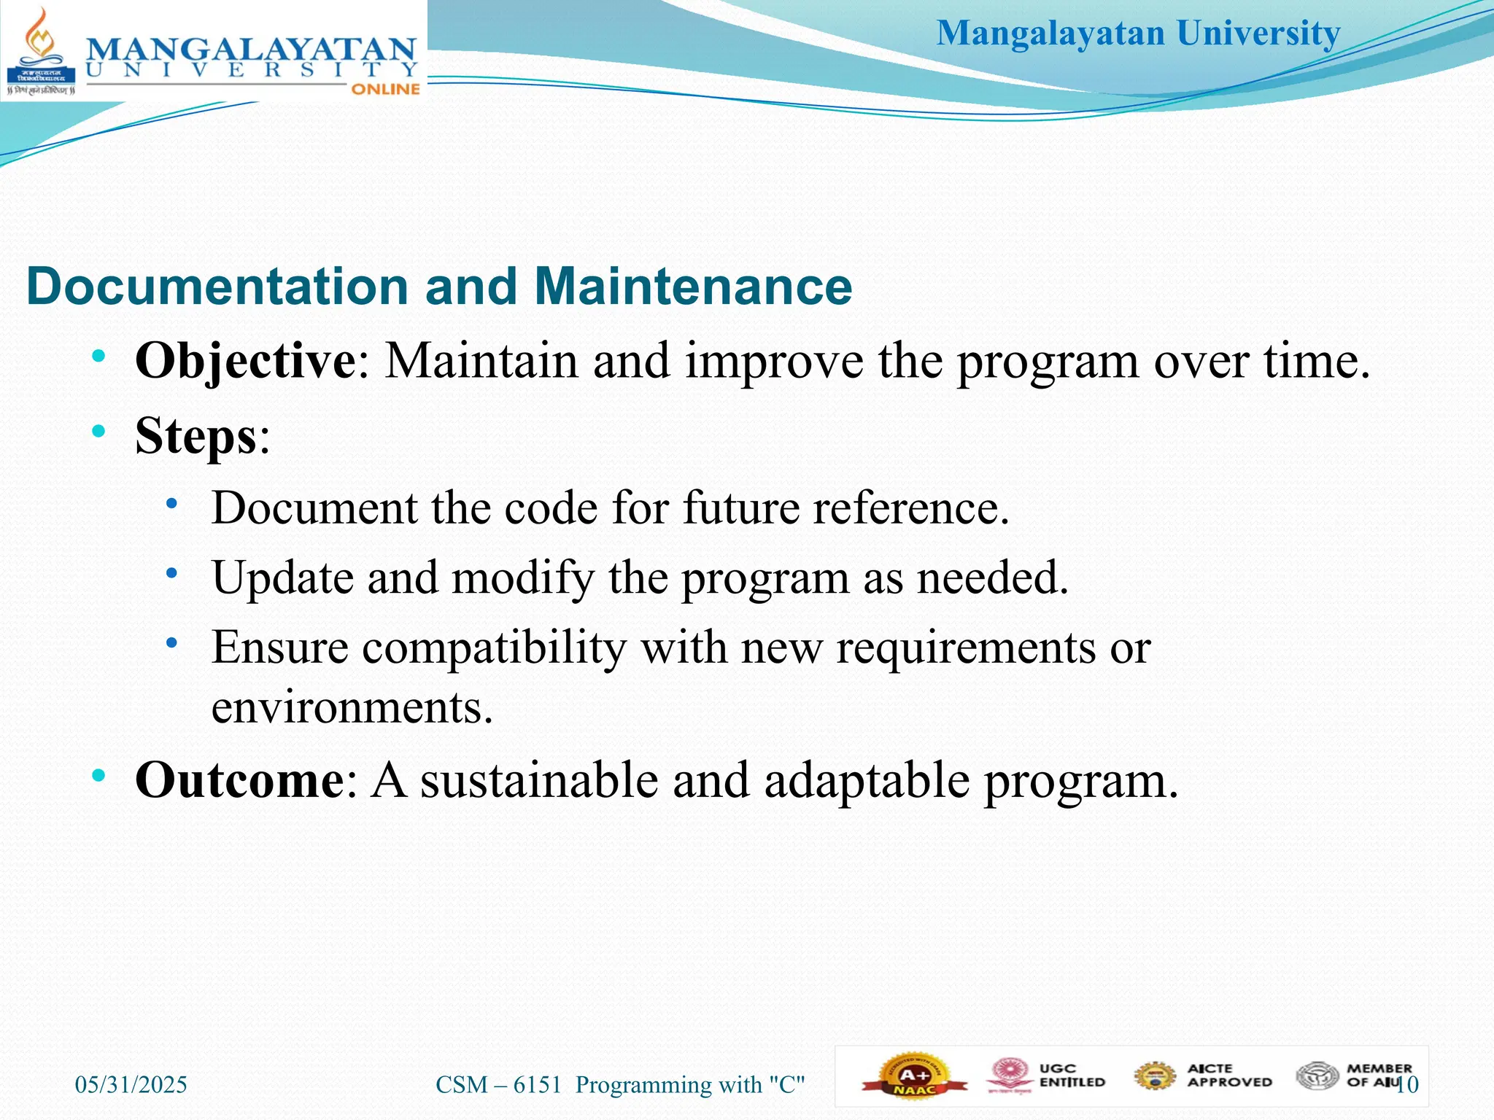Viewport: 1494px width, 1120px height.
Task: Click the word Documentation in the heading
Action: [x=217, y=286]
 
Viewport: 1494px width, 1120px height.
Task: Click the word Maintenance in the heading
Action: [x=692, y=286]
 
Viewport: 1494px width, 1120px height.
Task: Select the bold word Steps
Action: [x=196, y=436]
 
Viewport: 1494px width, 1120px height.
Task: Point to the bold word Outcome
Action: [x=239, y=780]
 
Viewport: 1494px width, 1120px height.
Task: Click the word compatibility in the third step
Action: [x=494, y=647]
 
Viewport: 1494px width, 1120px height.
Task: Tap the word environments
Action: [x=352, y=707]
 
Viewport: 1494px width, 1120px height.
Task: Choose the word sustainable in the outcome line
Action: [x=539, y=780]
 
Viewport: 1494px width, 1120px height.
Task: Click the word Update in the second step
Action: [x=282, y=577]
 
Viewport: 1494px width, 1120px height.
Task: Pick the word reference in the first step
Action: [x=910, y=507]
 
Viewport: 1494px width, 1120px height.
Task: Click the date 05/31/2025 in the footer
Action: [x=131, y=1085]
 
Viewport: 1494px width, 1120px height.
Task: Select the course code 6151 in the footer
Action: [x=537, y=1085]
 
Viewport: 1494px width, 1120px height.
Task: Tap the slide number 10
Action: [x=1408, y=1085]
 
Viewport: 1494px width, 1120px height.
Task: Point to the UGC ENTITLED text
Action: [x=1072, y=1076]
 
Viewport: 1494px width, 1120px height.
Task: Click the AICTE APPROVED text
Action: [x=1229, y=1076]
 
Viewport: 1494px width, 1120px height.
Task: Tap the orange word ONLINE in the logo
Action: [x=385, y=89]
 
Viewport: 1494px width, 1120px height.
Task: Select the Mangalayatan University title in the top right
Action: [x=1138, y=34]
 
